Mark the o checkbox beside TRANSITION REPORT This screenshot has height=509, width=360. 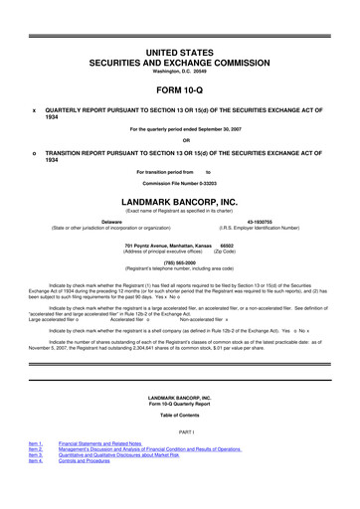tap(35, 152)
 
